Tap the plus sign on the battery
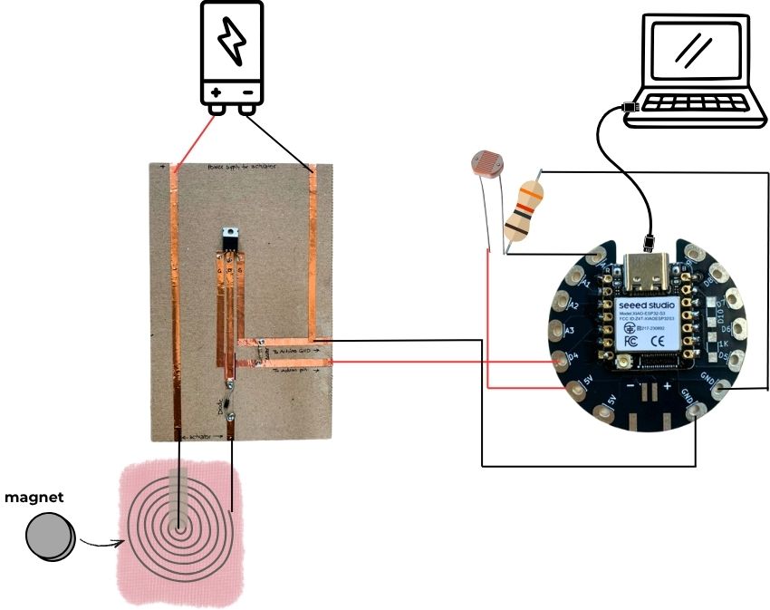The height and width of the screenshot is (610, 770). coord(216,92)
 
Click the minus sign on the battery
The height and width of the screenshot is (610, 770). coord(247,92)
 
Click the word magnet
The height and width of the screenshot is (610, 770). coord(34,498)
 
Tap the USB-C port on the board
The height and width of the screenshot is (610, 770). coord(649,270)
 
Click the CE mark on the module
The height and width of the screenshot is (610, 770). coord(665,341)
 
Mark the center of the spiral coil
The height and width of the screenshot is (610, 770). coord(180,520)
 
